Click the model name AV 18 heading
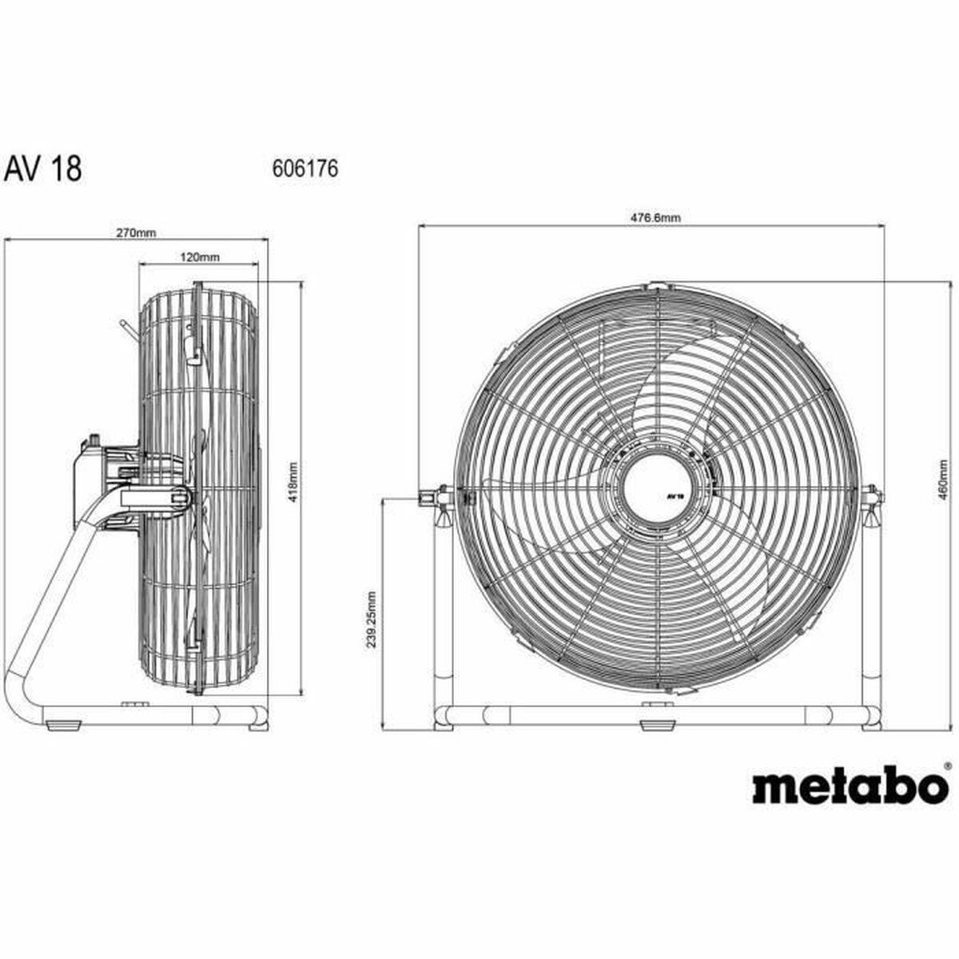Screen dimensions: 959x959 tap(43, 169)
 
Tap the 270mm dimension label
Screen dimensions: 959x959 tap(137, 233)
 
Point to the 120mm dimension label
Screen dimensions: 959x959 tap(198, 257)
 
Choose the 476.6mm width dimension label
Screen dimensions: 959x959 tap(651, 217)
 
